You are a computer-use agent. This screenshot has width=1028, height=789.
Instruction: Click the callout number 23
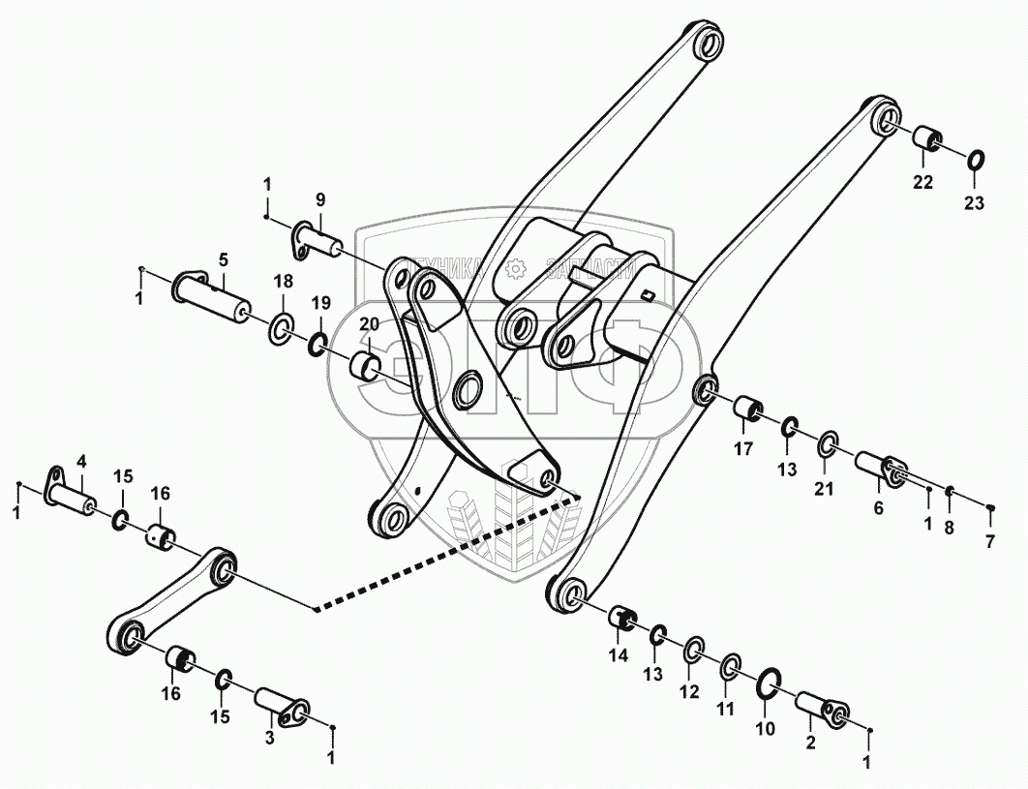coord(973,203)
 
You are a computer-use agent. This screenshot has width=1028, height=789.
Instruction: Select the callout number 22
coord(922,183)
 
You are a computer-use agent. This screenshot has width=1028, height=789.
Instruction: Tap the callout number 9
coord(319,200)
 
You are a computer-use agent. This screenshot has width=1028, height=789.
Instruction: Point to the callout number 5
coord(223,259)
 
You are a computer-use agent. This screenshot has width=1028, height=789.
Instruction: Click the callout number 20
coord(369,324)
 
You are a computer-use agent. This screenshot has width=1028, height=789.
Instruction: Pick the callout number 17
coord(743,448)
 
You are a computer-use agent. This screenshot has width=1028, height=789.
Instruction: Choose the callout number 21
coord(823,488)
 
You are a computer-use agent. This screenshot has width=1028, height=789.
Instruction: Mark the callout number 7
coord(989,541)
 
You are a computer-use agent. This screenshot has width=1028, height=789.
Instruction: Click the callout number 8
coord(949,527)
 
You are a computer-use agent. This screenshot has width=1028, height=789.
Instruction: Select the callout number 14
coord(619,655)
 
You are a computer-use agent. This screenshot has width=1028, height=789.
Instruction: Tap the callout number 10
coord(764,728)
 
